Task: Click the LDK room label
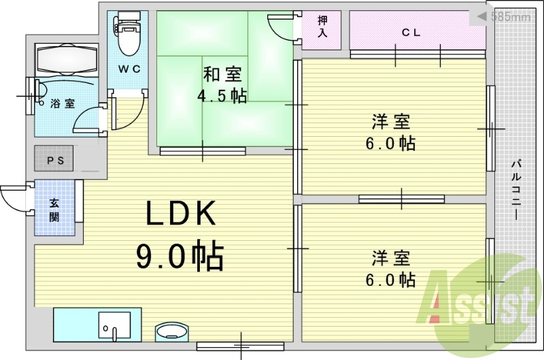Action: click(180, 214)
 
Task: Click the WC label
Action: click(127, 69)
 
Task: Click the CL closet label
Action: click(410, 31)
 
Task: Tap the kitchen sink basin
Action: click(114, 325)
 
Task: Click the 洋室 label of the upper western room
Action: click(390, 122)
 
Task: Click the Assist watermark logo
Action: click(479, 303)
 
